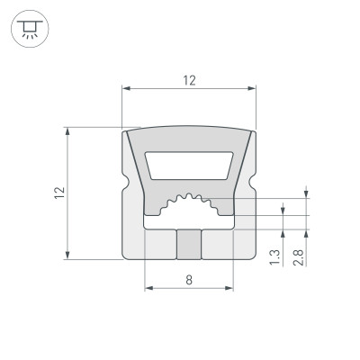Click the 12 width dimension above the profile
[189, 80]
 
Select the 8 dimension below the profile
[189, 280]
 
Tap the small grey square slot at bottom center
[189, 243]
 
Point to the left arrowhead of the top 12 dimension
[126, 88]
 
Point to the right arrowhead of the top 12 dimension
[252, 88]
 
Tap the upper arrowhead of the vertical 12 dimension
[68, 131]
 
